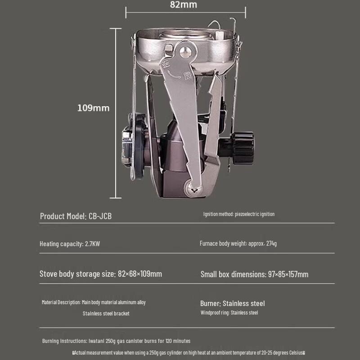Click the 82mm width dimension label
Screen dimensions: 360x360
point(184,5)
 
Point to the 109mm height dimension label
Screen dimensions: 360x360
point(93,108)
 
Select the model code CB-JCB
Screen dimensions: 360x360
point(100,216)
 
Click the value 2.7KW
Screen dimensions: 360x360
point(92,244)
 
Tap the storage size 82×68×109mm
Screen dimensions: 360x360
point(139,274)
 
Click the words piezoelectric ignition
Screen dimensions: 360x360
point(254,214)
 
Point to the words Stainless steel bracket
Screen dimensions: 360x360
point(106,313)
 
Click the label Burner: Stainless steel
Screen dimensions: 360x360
point(232,303)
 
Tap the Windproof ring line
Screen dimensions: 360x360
point(229,312)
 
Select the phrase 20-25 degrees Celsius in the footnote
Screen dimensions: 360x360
point(281,353)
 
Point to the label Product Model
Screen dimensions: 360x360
point(63,216)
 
